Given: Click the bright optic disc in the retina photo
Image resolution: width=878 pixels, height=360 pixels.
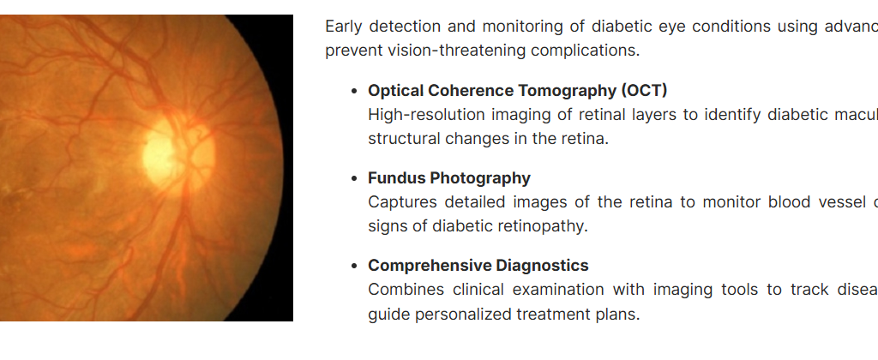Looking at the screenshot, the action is pyautogui.click(x=178, y=153).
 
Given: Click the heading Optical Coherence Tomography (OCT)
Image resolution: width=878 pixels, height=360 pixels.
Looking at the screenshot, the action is pyautogui.click(x=517, y=91).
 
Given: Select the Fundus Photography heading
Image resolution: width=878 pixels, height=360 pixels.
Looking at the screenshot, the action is pyautogui.click(x=449, y=178).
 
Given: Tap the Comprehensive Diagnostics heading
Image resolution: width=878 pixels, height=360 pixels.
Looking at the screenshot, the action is pyautogui.click(x=478, y=266).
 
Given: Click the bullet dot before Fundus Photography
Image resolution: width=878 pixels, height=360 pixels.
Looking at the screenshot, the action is pyautogui.click(x=353, y=178).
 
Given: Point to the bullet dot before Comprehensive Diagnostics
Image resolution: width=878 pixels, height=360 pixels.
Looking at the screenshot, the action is pyautogui.click(x=353, y=266).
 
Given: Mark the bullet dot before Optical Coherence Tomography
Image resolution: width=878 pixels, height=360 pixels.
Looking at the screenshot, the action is pyautogui.click(x=353, y=91).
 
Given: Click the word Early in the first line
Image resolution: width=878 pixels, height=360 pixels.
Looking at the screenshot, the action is pyautogui.click(x=343, y=27).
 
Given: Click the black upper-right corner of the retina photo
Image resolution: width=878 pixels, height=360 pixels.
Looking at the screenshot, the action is pyautogui.click(x=291, y=17).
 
